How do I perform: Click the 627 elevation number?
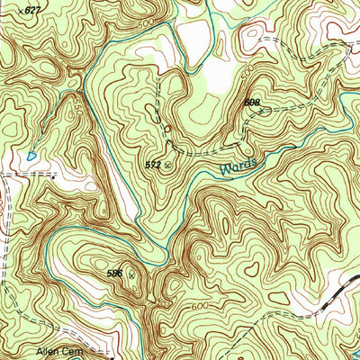[33, 10]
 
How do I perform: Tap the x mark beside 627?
[21, 11]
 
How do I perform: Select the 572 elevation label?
[152, 166]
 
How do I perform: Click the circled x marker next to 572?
[166, 166]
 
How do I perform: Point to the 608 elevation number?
[251, 103]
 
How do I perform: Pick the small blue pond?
[32, 156]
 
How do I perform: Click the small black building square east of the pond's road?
[54, 177]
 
